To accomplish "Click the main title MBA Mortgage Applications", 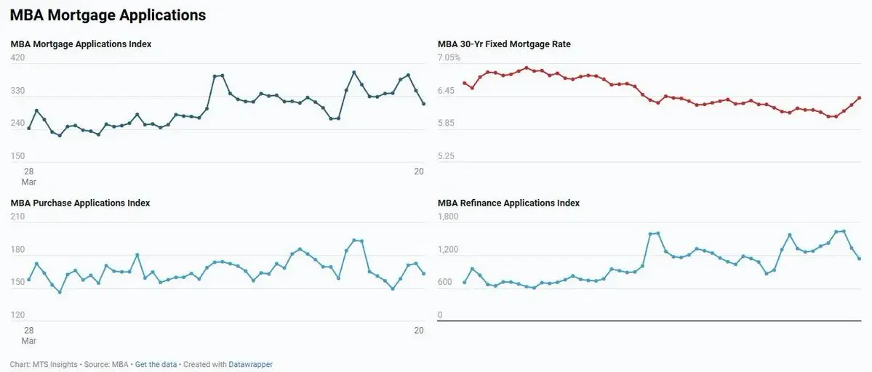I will (108, 15).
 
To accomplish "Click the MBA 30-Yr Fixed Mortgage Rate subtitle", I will (504, 44).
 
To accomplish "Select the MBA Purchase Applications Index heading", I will (80, 203).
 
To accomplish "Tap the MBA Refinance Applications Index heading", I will (508, 203).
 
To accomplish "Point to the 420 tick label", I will (17, 57).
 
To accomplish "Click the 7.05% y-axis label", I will (449, 57).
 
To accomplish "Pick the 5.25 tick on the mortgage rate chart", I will (446, 156).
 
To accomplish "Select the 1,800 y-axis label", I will (447, 217).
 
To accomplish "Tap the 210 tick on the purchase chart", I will (17, 217).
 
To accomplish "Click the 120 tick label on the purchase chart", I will (17, 315).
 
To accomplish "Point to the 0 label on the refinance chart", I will (440, 315).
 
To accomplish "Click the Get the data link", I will (156, 365).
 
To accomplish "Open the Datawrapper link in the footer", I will (251, 365).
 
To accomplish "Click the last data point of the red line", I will (860, 98).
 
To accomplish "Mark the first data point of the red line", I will (464, 83).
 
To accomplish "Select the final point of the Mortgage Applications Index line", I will (424, 104).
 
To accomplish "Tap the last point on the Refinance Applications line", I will (860, 259).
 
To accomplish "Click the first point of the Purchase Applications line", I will (28, 280).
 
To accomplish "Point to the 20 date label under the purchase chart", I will (419, 331).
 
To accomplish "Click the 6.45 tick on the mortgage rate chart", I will (446, 91).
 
